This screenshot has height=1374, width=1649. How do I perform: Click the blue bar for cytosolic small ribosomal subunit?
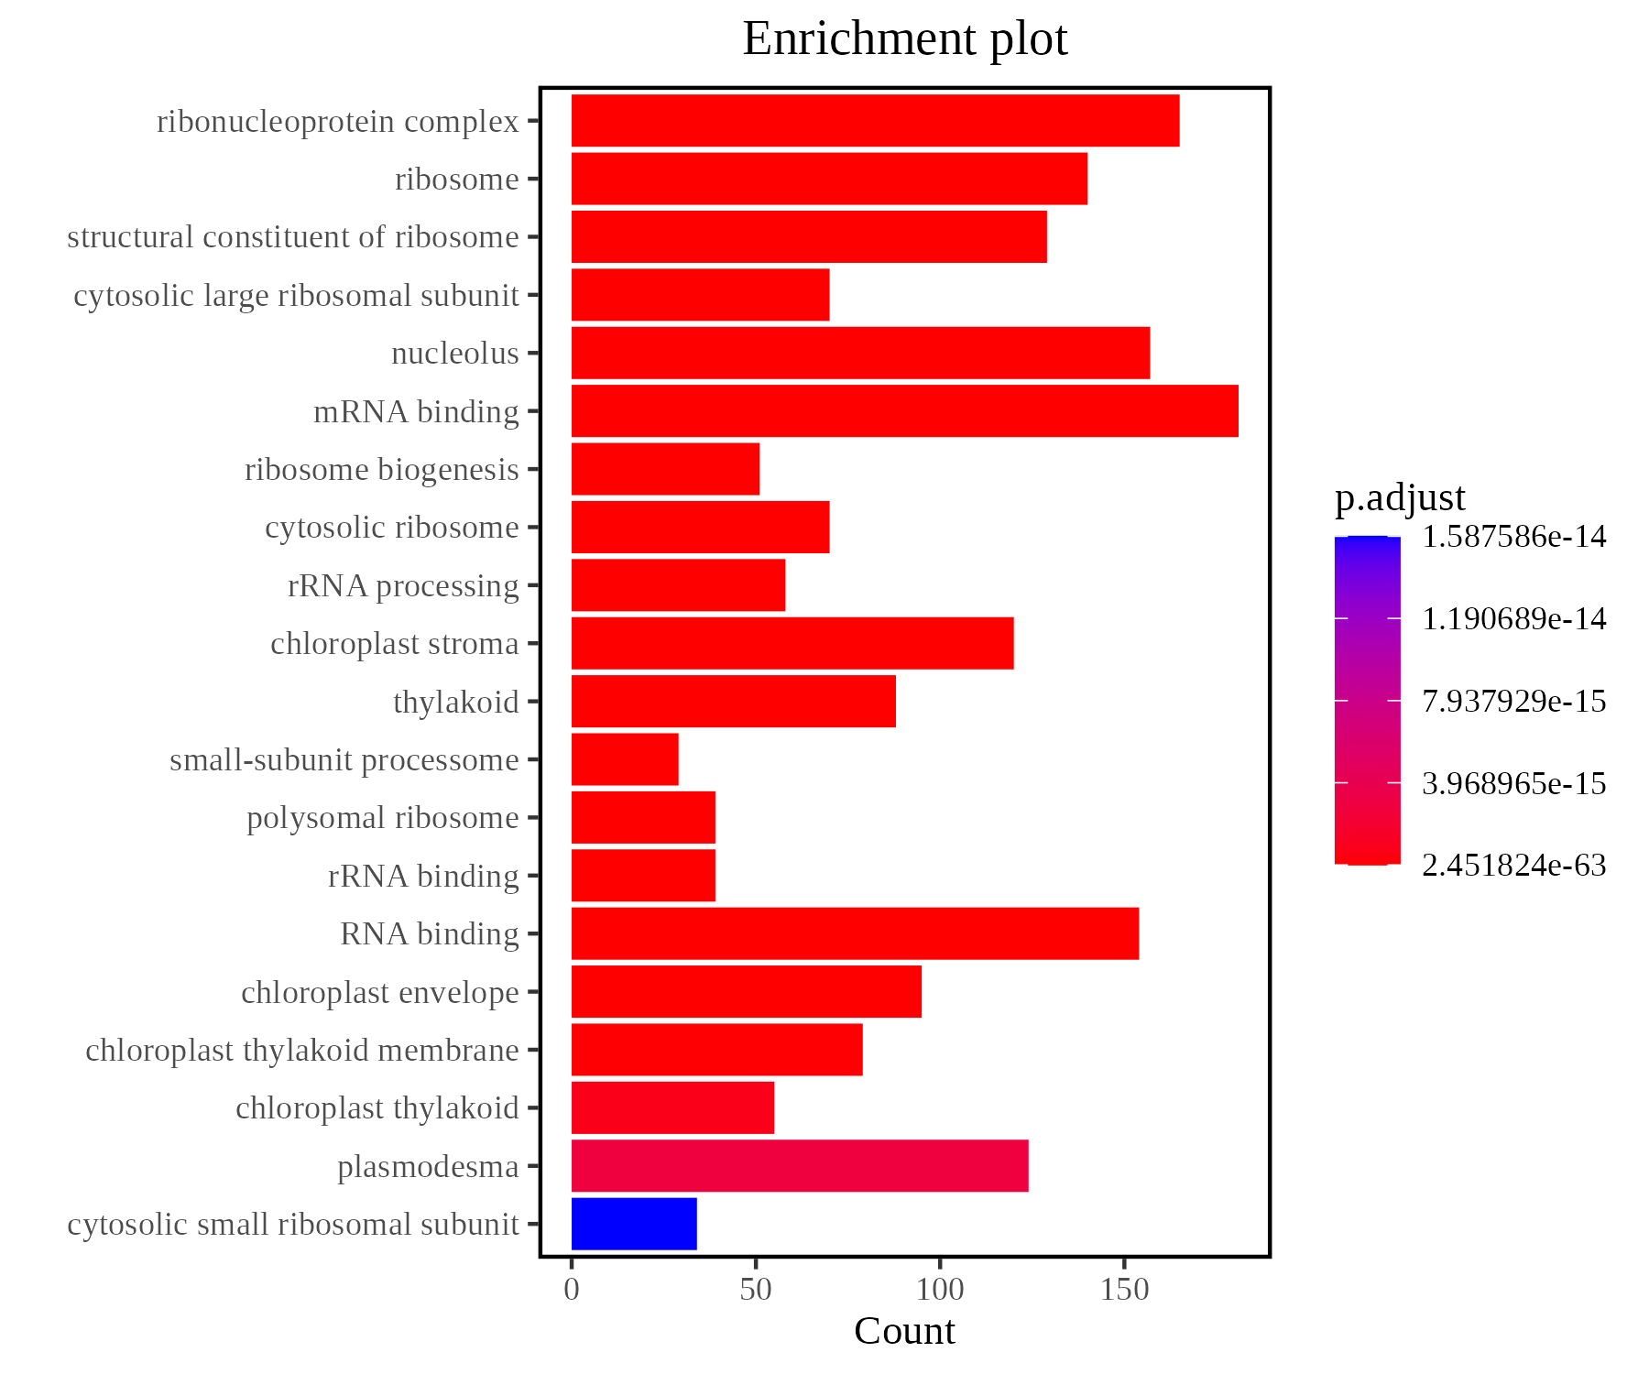click(634, 1224)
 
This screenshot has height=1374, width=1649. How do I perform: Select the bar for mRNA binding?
click(904, 411)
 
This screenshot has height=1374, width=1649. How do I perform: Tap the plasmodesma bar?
click(800, 1166)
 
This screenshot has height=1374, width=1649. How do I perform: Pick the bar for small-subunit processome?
click(625, 759)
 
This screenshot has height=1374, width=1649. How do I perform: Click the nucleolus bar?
click(860, 353)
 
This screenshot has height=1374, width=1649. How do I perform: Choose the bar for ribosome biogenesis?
click(665, 469)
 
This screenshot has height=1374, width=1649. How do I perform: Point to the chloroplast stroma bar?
click(792, 643)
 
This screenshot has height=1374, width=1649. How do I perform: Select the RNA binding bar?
click(855, 933)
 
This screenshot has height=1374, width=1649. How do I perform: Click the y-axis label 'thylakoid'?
click(455, 703)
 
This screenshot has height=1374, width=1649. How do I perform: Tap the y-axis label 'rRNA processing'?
click(403, 586)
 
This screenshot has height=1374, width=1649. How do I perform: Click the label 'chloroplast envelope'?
click(379, 993)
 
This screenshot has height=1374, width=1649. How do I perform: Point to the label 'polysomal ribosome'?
click(382, 818)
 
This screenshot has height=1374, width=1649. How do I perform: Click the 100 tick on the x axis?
click(940, 1291)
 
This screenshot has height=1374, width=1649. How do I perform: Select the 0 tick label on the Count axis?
click(572, 1291)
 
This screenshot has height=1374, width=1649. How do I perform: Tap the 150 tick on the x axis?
click(1124, 1291)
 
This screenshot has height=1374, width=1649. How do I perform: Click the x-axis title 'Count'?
click(904, 1332)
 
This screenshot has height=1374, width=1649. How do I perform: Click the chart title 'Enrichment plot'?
click(904, 39)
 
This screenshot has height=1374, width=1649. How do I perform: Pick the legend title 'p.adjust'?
click(1400, 497)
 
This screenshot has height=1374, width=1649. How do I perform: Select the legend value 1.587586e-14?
click(1513, 537)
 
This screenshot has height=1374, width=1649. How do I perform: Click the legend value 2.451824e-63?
click(1513, 866)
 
